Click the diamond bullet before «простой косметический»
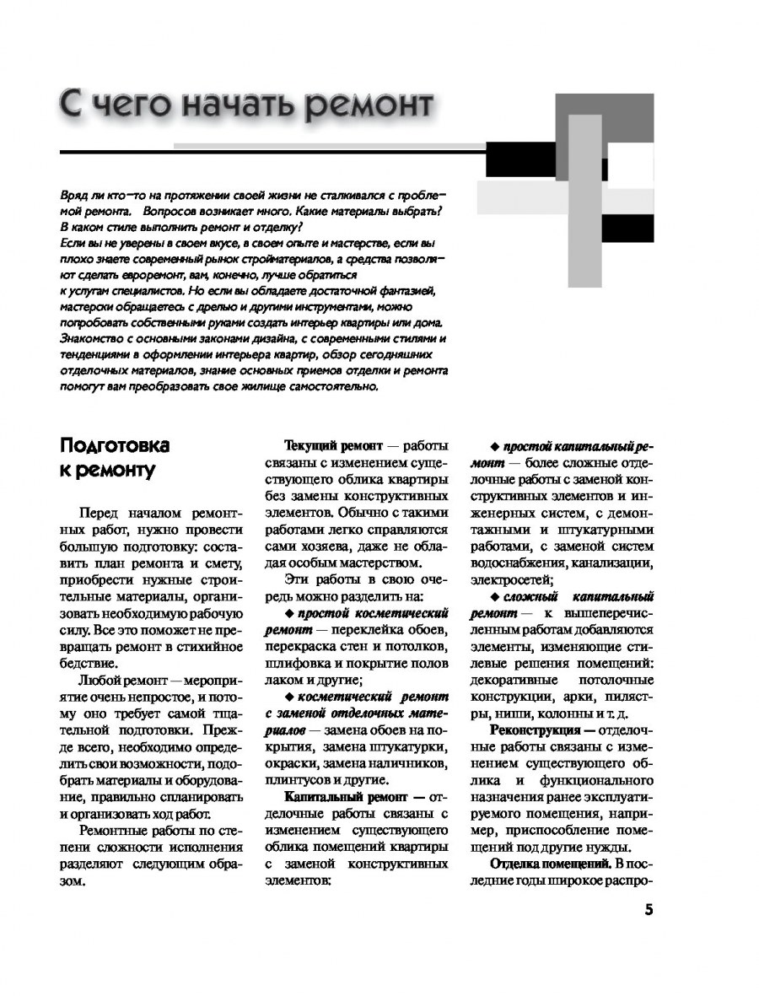pyautogui.click(x=290, y=613)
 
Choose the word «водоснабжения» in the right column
pyautogui.click(x=518, y=563)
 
